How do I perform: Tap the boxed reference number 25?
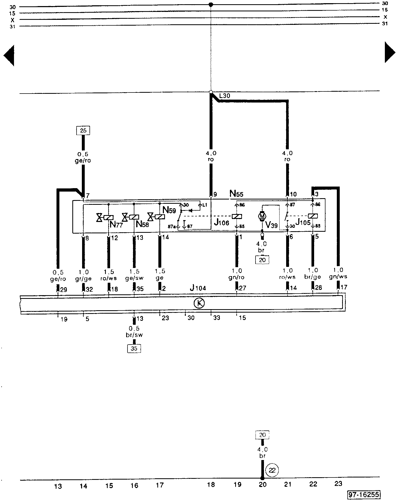(83, 131)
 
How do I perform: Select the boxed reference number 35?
(134, 349)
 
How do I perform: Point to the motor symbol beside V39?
(262, 216)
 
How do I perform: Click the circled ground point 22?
(272, 470)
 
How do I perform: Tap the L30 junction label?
(225, 96)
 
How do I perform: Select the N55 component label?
(236, 194)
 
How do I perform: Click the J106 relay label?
(221, 223)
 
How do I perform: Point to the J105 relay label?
(303, 222)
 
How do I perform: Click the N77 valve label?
(116, 225)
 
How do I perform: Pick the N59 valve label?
(169, 210)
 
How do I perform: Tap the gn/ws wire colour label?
(338, 277)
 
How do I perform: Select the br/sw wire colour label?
(134, 335)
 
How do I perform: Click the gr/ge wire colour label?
(83, 279)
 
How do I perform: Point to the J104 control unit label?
(198, 288)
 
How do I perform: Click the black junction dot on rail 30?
(211, 5)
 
